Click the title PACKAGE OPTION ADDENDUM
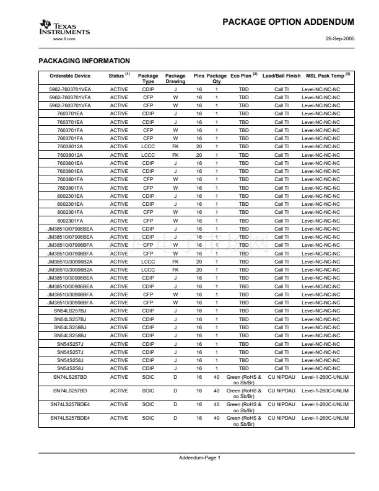pyautogui.click(x=288, y=22)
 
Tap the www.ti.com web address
pyautogui.click(x=64, y=38)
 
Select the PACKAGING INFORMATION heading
pyautogui.click(x=84, y=61)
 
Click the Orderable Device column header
pyautogui.click(x=70, y=76)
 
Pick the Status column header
pyautogui.click(x=119, y=76)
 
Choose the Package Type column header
pyautogui.click(x=148, y=79)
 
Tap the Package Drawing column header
pyautogui.click(x=175, y=79)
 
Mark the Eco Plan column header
pyautogui.click(x=243, y=76)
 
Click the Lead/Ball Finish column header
pyautogui.click(x=282, y=76)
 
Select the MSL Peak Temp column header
pyautogui.click(x=326, y=76)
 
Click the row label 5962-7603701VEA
pyautogui.click(x=70, y=90)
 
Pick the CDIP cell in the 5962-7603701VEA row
pyautogui.click(x=148, y=90)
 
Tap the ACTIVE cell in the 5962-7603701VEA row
pyautogui.click(x=119, y=90)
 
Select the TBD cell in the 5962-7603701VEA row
pyautogui.click(x=243, y=90)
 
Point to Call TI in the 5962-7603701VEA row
pyautogui.click(x=282, y=90)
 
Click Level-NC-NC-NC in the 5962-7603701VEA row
pyautogui.click(x=321, y=90)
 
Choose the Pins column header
pyautogui.click(x=199, y=76)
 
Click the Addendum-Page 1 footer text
pyautogui.click(x=199, y=458)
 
